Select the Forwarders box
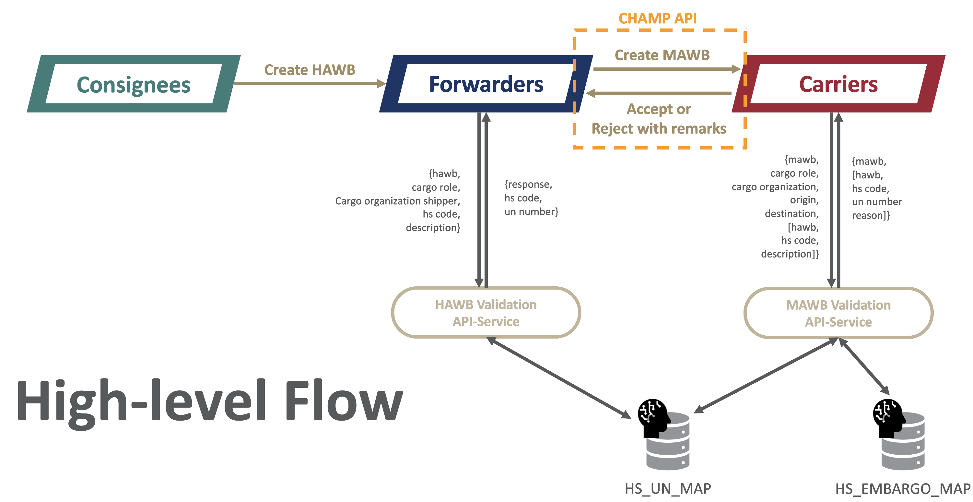click(x=486, y=84)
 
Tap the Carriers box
click(x=838, y=84)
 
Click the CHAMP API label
click(x=658, y=18)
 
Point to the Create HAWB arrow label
click(x=310, y=70)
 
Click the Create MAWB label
click(x=662, y=55)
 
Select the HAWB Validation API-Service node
click(x=486, y=313)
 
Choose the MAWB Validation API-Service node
click(x=838, y=313)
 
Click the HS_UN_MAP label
click(x=667, y=489)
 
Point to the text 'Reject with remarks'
click(x=659, y=128)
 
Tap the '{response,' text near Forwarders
click(x=528, y=185)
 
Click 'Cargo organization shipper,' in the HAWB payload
click(x=397, y=201)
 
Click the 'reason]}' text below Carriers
click(x=871, y=215)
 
